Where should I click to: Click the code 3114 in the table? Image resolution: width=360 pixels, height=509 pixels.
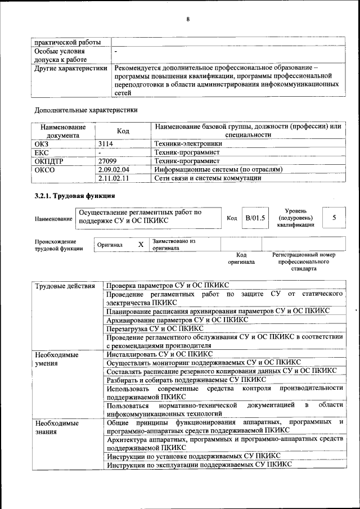[x=106, y=143]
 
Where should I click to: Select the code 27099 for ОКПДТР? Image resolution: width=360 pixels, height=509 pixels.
[x=107, y=160]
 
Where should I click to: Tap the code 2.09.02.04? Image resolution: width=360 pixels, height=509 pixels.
[x=114, y=169]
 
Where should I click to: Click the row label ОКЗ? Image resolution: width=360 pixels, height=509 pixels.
[x=42, y=143]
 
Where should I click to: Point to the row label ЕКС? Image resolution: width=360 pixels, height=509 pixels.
[x=42, y=152]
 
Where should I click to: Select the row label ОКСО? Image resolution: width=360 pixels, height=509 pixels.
[x=44, y=169]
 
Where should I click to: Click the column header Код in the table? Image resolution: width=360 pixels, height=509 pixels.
[x=123, y=131]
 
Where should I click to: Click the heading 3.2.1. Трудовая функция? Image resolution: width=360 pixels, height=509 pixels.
[x=75, y=196]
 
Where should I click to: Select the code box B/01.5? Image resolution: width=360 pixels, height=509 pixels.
[x=255, y=218]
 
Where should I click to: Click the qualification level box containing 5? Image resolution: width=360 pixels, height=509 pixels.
[x=334, y=217]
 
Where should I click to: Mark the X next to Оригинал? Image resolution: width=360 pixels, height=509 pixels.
[x=141, y=245]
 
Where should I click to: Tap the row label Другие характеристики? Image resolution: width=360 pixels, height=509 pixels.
[x=71, y=69]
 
